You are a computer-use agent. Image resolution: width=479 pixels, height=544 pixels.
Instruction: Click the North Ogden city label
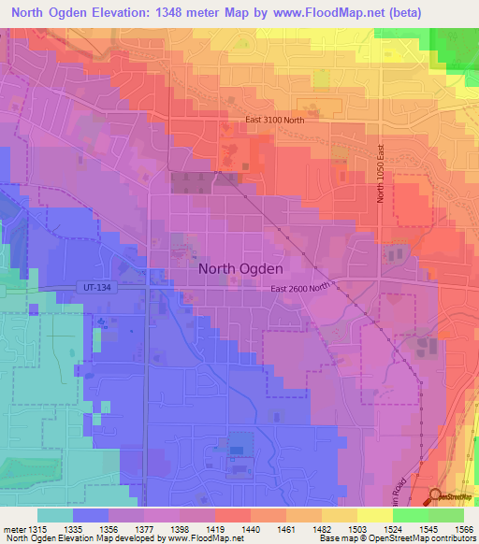click(240, 268)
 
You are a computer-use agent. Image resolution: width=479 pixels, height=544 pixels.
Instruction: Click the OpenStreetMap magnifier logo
click(436, 496)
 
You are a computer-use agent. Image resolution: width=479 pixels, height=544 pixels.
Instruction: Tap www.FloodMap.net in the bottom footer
click(202, 538)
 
